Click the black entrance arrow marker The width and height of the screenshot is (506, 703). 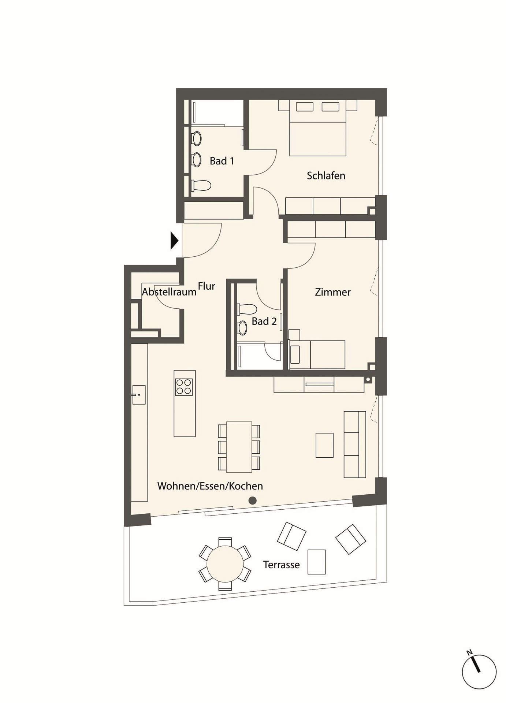pos(174,241)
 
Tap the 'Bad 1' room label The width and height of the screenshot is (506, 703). pos(222,161)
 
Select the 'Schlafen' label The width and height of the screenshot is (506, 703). pos(326,175)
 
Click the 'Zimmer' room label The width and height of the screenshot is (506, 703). pos(333,292)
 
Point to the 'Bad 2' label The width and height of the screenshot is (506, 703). pos(264,321)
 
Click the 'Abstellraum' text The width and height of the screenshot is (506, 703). pos(169,292)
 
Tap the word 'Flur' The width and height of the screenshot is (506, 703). pos(207,286)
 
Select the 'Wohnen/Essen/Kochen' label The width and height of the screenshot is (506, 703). pos(210,486)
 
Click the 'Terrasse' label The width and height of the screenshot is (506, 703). pos(281,565)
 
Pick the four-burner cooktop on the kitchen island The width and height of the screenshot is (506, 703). pos(184,387)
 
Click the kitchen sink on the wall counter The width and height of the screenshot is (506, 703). pos(139,395)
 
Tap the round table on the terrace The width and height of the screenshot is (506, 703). pos(225,563)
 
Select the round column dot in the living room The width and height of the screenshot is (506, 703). pos(252,500)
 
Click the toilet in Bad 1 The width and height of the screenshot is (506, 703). pos(201,185)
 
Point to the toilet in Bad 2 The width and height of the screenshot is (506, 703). pos(247,309)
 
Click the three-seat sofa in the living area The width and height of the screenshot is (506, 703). pos(355,445)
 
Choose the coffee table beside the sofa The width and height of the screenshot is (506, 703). pos(325,445)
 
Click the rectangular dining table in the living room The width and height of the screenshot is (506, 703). pos(239,447)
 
